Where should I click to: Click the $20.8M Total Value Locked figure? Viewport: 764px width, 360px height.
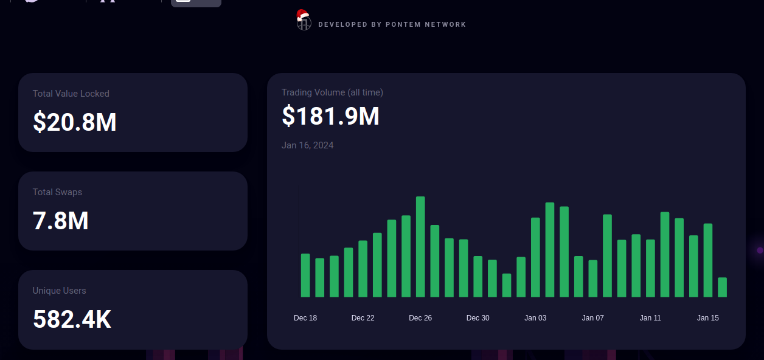[74, 122]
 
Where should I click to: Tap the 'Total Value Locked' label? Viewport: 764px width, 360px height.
[71, 94]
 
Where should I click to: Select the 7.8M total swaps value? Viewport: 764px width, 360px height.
[61, 221]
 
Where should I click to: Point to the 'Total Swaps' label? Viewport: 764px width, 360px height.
[57, 192]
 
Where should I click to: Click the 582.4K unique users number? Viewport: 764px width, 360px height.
[72, 319]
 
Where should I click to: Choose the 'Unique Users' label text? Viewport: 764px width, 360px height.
[59, 291]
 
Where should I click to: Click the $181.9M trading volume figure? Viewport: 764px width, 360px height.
[330, 116]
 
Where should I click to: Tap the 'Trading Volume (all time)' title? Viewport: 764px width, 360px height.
[332, 92]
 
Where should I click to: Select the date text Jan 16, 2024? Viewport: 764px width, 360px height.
[307, 145]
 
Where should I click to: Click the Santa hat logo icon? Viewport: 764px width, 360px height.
[303, 20]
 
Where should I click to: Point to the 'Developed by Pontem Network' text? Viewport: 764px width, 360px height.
[392, 25]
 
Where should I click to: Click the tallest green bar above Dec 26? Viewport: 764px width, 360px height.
[420, 246]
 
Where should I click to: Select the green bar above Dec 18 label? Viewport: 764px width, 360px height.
[305, 275]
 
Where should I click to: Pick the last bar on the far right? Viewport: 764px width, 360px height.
[722, 287]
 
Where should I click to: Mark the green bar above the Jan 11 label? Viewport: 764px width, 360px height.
[650, 268]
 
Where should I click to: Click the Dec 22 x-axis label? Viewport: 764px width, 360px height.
[363, 318]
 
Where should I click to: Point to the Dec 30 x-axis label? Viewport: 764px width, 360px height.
[477, 318]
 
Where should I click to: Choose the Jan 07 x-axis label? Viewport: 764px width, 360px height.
[592, 318]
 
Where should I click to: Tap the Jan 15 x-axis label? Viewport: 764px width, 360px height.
[707, 318]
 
